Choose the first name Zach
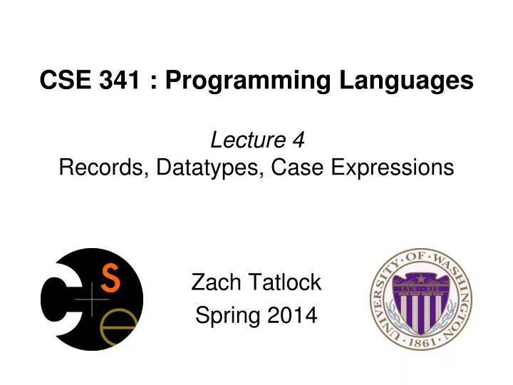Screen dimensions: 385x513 click(214, 283)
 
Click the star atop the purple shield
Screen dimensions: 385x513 click(420, 276)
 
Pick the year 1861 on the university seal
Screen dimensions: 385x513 click(421, 343)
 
